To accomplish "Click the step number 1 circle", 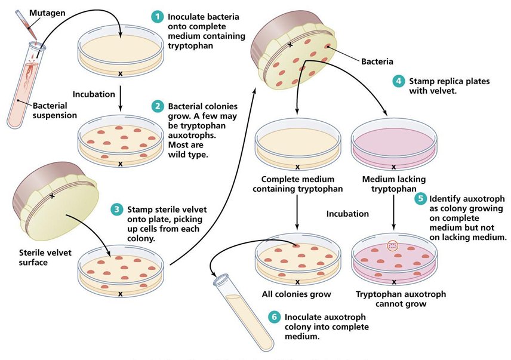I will tap(157, 17).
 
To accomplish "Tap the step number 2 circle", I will tap(157, 106).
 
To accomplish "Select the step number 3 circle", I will tap(116, 210).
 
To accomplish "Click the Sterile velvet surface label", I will tap(45, 256).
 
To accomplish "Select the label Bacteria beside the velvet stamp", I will tap(377, 61).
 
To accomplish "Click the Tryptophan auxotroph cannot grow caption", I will tap(392, 299).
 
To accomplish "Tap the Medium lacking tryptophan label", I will tap(392, 184).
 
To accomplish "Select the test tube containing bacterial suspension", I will tap(24, 90).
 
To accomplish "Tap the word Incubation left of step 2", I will tap(93, 94).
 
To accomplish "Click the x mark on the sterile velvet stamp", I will tap(52, 196).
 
